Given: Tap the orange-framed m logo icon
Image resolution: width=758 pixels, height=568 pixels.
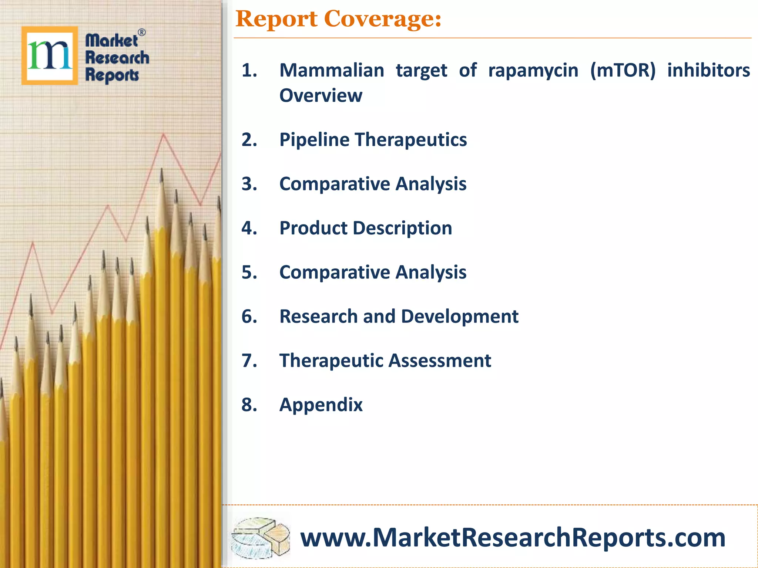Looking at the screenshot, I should (x=50, y=55).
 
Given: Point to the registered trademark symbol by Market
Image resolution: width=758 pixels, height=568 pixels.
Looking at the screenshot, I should (x=142, y=33).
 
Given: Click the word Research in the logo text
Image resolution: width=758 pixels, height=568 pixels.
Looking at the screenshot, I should (x=117, y=58).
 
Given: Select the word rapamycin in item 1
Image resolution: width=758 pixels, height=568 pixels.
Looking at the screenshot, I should (x=533, y=70).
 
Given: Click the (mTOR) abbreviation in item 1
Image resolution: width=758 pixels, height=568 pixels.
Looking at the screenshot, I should (x=623, y=70).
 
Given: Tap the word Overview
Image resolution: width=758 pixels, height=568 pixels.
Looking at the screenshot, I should (x=321, y=95).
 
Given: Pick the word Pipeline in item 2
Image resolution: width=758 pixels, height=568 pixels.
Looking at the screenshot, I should (x=314, y=140).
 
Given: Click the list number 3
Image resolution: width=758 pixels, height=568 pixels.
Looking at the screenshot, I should (x=249, y=184).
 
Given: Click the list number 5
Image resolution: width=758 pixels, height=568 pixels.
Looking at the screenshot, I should (x=249, y=272).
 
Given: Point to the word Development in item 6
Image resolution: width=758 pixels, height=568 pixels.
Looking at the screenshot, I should (x=460, y=317).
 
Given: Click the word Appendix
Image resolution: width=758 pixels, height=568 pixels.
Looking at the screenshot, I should (x=321, y=405).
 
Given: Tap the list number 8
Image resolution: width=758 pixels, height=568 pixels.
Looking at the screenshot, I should (x=249, y=405).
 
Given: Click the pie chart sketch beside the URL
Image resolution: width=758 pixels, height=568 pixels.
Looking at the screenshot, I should (x=261, y=537).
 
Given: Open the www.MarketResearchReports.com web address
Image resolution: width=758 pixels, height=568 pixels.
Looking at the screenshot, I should (x=512, y=537).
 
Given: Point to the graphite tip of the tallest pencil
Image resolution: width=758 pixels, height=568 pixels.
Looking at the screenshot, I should (x=161, y=175).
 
